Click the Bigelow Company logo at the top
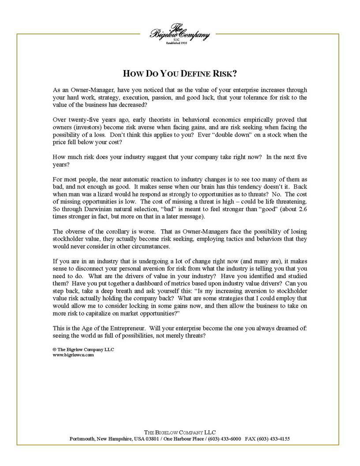coord(180,34)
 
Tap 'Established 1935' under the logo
coord(180,43)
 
